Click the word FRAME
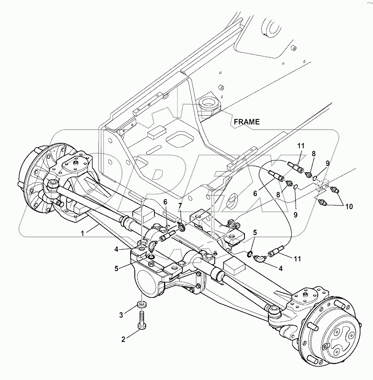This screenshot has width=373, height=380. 247,122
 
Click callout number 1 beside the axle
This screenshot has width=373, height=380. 83,232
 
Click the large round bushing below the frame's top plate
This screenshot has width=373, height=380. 208,103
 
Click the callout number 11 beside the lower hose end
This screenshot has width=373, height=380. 297,259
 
